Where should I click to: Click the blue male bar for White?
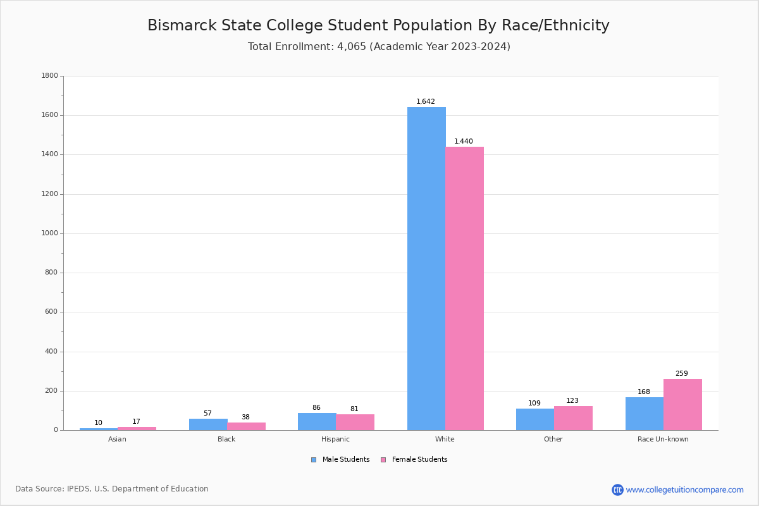[x=426, y=268]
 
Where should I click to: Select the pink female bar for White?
[x=464, y=288]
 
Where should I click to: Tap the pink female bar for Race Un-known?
[x=682, y=404]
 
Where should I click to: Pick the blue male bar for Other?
[x=535, y=419]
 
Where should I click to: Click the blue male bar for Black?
[x=208, y=424]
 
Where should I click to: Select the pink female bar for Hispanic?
[x=355, y=422]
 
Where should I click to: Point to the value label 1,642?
[x=426, y=102]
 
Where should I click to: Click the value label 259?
[x=681, y=374]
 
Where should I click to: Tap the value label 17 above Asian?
[x=136, y=422]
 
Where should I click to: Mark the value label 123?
[x=572, y=401]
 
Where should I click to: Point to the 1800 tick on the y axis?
[x=49, y=76]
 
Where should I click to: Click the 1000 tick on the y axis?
[x=49, y=233]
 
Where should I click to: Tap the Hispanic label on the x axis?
[x=335, y=439]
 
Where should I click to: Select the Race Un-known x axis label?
[x=663, y=439]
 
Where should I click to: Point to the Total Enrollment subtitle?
[x=379, y=47]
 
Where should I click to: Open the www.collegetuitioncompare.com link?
[x=684, y=490]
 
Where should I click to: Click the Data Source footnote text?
[x=112, y=489]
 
